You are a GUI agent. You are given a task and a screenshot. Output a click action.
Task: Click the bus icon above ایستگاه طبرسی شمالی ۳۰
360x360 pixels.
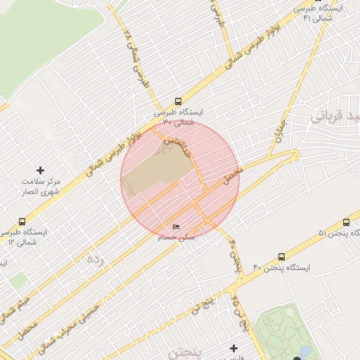coord(178,101)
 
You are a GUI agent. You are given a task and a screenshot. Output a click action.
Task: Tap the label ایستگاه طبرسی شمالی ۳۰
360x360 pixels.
coord(178,117)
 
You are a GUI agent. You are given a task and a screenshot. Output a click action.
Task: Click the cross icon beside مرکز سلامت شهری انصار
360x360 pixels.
coord(40,170)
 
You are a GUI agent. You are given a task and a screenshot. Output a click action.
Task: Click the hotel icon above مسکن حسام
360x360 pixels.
coord(176,227)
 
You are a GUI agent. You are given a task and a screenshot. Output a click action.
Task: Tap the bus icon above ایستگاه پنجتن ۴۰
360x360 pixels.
coord(282,257)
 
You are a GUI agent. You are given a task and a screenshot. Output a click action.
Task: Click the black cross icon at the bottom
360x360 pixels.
coord(233,348)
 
